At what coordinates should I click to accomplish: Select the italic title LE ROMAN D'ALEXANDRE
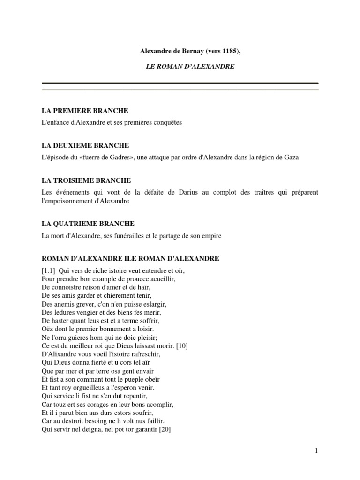(x=190, y=67)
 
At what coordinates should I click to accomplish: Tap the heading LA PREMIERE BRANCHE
(x=85, y=110)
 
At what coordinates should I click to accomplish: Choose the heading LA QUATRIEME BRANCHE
(x=87, y=224)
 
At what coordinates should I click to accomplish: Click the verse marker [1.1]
(x=50, y=271)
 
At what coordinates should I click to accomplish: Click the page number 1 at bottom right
(x=317, y=451)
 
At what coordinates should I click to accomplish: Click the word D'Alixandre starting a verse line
(x=59, y=353)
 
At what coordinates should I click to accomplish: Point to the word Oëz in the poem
(x=47, y=330)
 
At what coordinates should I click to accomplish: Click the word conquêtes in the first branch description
(x=166, y=122)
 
